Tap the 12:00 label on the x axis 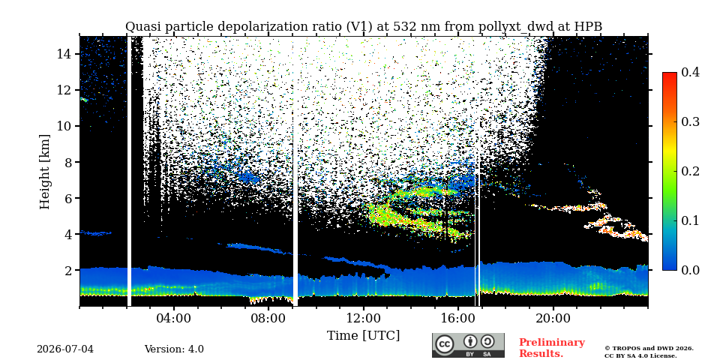(364, 319)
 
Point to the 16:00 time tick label (459, 319)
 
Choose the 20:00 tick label (553, 319)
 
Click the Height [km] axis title (44, 172)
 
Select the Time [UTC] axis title (363, 336)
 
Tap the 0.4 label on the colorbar (690, 72)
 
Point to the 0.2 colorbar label (690, 171)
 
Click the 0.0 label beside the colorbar (690, 270)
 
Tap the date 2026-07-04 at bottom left (65, 349)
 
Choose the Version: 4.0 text (174, 349)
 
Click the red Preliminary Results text (552, 348)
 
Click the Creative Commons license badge (468, 345)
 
